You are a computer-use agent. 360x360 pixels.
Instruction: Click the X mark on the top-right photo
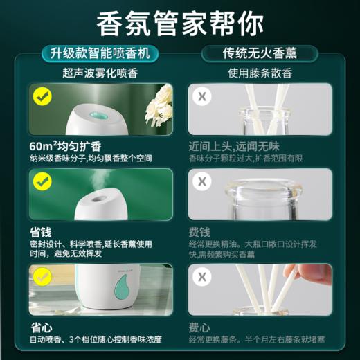[203, 96]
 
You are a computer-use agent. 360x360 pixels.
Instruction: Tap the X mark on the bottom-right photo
[203, 276]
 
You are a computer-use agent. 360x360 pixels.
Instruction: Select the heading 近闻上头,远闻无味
[239, 147]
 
